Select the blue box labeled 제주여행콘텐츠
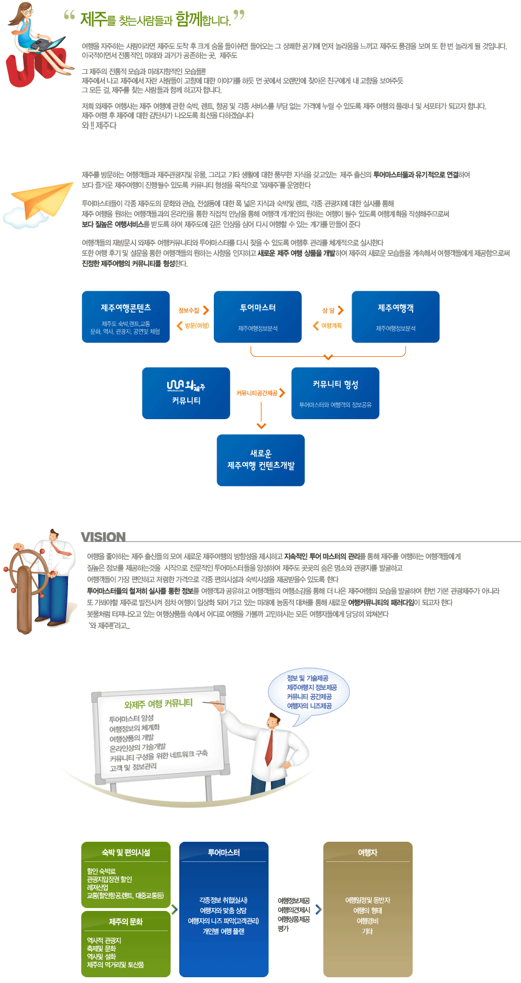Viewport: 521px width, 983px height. tap(126, 317)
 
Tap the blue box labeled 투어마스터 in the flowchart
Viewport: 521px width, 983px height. tap(258, 317)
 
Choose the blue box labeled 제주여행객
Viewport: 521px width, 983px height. tap(395, 317)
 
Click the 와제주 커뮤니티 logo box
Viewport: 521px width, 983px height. tap(186, 393)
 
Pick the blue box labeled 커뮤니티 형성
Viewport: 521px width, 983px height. tap(335, 393)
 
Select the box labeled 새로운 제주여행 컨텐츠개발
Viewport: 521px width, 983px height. tap(260, 460)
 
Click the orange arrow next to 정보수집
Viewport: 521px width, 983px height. tap(206, 310)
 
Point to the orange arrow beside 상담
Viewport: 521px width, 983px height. tap(341, 310)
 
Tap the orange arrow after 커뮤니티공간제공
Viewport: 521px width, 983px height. tap(282, 393)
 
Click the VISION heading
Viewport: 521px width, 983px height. tap(103, 537)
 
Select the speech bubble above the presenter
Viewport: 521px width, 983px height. tap(309, 692)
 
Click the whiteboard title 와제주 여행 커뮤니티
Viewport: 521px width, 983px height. tap(158, 704)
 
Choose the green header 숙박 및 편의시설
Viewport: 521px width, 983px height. tap(126, 852)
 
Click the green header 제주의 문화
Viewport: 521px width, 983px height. tap(126, 921)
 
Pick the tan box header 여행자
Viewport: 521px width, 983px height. tap(368, 852)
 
